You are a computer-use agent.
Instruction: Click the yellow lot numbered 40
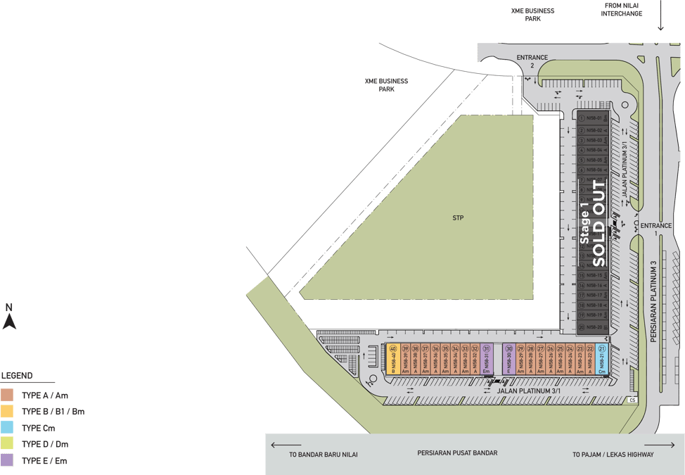pos(393,359)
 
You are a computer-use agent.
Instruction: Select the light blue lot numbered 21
pos(601,359)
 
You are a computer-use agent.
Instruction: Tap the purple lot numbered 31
pos(486,359)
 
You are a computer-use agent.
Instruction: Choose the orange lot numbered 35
pos(445,359)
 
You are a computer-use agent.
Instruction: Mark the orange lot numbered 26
pos(551,359)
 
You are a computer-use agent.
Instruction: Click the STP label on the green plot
pos(459,218)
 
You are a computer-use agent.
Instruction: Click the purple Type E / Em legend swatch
pos(7,461)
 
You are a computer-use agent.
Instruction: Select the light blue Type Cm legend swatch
pos(7,428)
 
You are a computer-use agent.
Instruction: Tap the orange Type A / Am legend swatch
pos(7,395)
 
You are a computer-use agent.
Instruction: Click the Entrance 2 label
pos(532,61)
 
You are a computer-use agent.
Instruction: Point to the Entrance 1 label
pos(655,229)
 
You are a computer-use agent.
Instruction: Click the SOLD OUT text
pos(598,224)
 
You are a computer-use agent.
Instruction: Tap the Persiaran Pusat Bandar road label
pos(456,453)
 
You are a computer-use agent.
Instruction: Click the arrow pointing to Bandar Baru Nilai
pos(285,445)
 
